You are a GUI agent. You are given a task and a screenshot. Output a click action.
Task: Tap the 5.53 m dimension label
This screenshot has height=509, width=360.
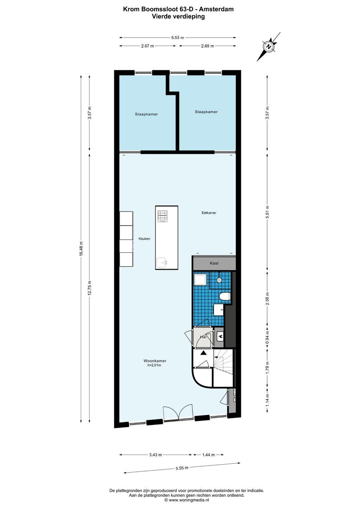178,38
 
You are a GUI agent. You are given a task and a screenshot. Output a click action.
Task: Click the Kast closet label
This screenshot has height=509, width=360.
214,263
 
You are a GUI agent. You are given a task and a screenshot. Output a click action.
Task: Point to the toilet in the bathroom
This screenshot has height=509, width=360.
225,296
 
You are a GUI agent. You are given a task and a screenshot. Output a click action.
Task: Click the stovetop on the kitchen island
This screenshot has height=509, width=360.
163,216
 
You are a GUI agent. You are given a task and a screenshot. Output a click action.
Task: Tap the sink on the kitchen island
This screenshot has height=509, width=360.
162,263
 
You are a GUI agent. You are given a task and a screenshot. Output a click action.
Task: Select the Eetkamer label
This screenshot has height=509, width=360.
209,213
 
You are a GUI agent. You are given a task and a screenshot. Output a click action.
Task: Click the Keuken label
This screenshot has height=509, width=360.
144,239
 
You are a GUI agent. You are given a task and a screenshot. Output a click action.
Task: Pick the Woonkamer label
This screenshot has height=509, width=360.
155,361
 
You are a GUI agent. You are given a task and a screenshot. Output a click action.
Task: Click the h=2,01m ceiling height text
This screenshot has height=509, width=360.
154,365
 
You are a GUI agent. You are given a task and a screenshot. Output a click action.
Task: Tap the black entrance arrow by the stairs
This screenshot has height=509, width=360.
204,353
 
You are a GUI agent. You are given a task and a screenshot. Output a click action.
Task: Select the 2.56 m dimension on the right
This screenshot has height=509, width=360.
267,298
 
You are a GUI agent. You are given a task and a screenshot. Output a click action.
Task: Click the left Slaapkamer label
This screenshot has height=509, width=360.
146,114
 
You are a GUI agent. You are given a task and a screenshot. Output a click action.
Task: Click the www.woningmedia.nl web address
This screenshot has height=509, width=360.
189,500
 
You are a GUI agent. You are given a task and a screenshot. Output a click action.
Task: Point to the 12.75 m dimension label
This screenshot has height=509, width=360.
90,288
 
